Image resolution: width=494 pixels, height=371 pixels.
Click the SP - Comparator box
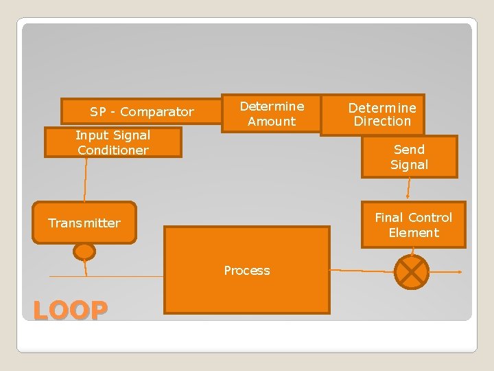[141, 111]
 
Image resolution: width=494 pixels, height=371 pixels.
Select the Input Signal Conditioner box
[113, 143]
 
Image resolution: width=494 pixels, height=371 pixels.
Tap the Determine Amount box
[271, 114]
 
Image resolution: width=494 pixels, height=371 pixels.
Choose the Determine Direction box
[381, 114]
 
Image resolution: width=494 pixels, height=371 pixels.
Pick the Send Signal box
[409, 157]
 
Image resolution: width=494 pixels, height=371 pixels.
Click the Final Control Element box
[413, 225]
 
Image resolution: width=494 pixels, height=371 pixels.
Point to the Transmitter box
[84, 223]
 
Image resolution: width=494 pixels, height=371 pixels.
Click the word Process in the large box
[247, 271]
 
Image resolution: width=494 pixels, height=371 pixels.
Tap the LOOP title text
[70, 311]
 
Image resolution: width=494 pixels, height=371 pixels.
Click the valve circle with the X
[412, 271]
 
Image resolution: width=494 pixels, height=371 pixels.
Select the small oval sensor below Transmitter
[84, 252]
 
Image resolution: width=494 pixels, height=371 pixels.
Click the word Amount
[272, 122]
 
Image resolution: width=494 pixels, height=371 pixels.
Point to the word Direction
[382, 122]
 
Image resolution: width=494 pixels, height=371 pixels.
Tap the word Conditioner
[113, 150]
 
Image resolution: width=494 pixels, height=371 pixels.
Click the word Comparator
[157, 111]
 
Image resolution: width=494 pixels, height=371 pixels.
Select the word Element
[413, 233]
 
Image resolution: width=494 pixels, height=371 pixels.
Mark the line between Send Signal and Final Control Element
[409, 189]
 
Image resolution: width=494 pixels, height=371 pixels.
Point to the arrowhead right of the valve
[458, 272]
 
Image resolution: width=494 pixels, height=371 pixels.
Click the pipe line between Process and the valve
[362, 271]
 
